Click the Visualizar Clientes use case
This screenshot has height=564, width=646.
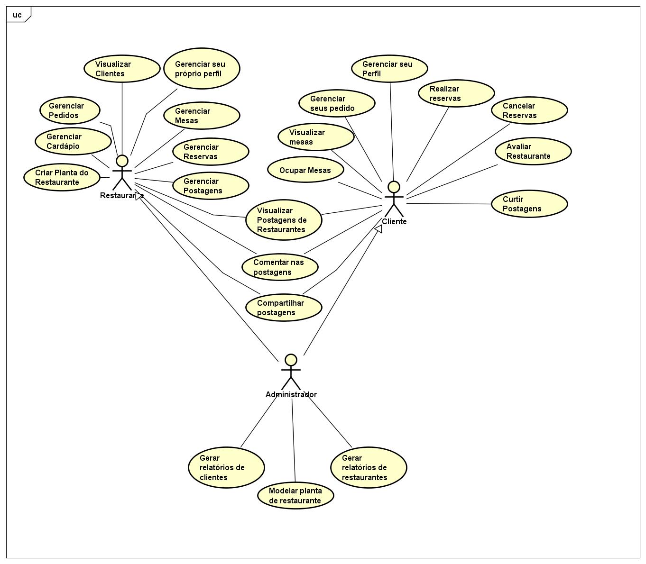[x=122, y=69]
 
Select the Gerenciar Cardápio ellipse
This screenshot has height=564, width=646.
[x=73, y=141]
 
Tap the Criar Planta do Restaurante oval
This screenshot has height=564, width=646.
[x=62, y=177]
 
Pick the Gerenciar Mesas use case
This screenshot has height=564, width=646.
[x=202, y=116]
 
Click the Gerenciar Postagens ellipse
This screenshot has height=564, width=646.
[x=211, y=186]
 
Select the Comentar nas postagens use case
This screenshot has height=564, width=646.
[x=280, y=267]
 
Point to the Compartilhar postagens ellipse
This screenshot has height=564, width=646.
[x=284, y=308]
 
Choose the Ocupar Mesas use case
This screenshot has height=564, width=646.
[x=305, y=170]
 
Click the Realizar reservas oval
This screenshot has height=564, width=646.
[x=456, y=93]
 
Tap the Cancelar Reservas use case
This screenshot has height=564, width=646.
[x=529, y=110]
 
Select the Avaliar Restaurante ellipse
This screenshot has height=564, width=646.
[x=533, y=151]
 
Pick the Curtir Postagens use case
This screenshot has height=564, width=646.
[x=529, y=204]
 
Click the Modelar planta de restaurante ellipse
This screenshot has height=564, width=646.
[x=295, y=496]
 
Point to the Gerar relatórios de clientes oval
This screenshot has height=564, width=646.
[x=226, y=467]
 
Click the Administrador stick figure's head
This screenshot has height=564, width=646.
[x=291, y=360]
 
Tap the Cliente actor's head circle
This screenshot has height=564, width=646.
[x=394, y=187]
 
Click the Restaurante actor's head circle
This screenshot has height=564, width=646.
[x=122, y=161]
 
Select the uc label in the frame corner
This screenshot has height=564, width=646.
[x=18, y=15]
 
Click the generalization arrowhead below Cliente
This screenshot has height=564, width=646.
[x=378, y=229]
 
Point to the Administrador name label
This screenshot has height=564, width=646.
[x=291, y=394]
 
